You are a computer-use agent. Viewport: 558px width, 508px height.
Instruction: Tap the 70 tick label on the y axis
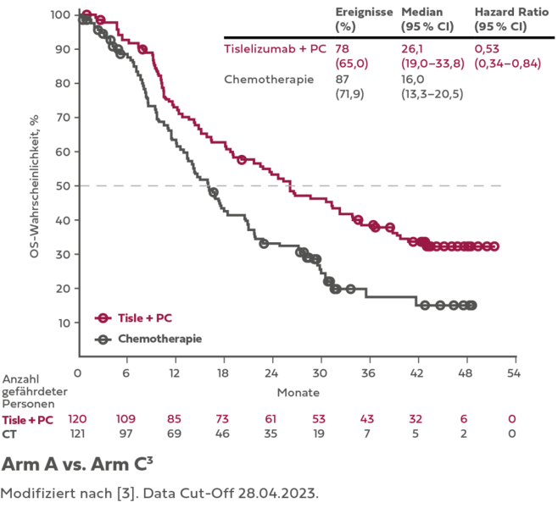tap(62, 118)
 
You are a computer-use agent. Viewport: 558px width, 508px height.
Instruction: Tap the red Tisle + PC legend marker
tap(103, 317)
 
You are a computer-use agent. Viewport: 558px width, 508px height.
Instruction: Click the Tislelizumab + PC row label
tap(275, 49)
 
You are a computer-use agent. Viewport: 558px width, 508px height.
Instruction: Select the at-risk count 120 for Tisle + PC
tap(78, 418)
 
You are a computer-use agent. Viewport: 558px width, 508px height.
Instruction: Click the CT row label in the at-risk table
tap(10, 433)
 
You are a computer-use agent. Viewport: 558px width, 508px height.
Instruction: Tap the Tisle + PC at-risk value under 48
tap(465, 418)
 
